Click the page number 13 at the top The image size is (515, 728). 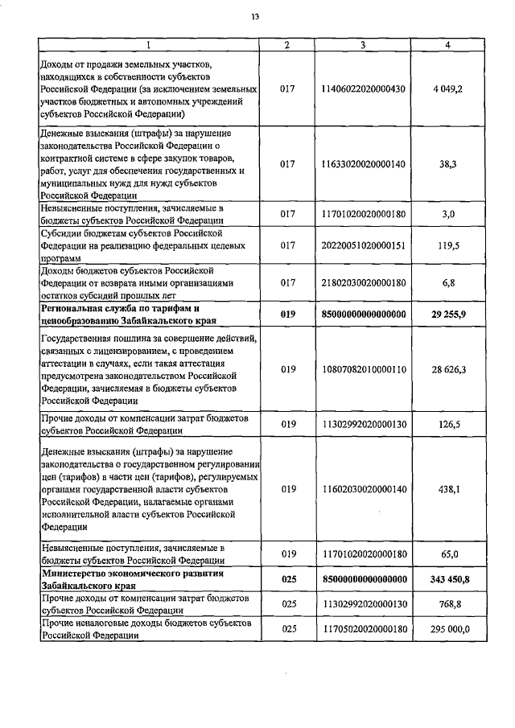pos(255,17)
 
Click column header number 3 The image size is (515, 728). pos(363,44)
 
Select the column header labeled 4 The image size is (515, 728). pos(447,44)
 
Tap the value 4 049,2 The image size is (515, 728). pos(447,88)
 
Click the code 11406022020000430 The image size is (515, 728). pos(363,88)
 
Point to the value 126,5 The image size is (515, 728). pos(447,425)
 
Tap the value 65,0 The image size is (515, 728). pos(448,554)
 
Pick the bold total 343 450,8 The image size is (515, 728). pos(447,580)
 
